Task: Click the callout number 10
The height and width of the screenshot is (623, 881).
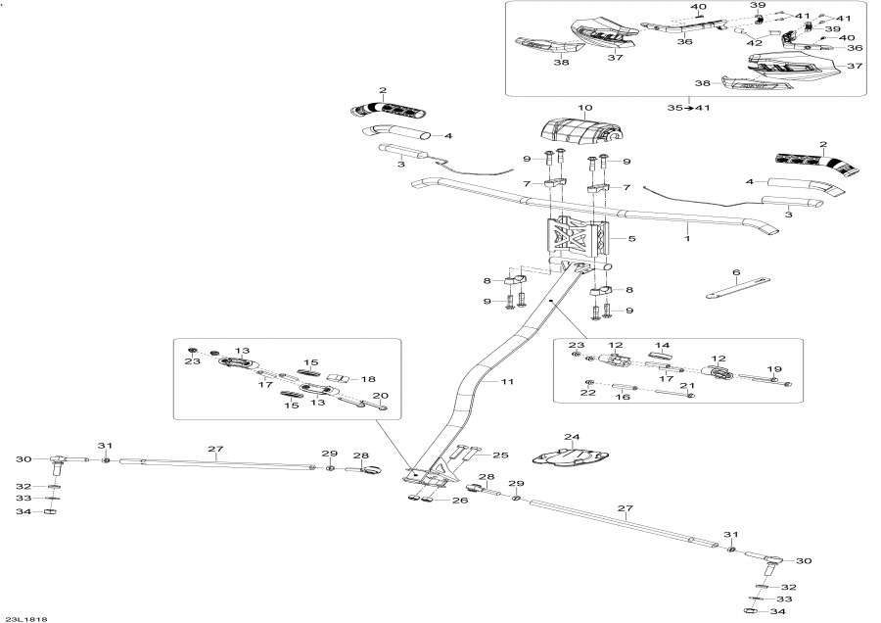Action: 584,108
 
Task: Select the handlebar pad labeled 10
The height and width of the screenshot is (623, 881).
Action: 583,133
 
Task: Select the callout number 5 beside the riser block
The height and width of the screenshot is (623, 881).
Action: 631,238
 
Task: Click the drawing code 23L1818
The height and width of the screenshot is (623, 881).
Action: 26,618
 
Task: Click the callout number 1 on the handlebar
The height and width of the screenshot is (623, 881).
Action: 687,237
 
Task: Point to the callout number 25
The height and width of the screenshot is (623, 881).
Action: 501,455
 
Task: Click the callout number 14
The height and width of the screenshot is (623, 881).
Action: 662,346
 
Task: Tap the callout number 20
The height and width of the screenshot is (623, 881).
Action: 381,395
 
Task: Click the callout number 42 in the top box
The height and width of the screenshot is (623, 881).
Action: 754,43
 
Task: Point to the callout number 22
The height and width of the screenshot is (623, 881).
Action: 588,393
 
